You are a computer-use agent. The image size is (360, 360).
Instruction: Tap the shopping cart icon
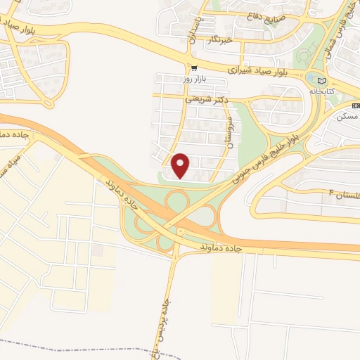coord(193,68)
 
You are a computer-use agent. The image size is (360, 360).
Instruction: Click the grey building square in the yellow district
coord(96,251)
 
